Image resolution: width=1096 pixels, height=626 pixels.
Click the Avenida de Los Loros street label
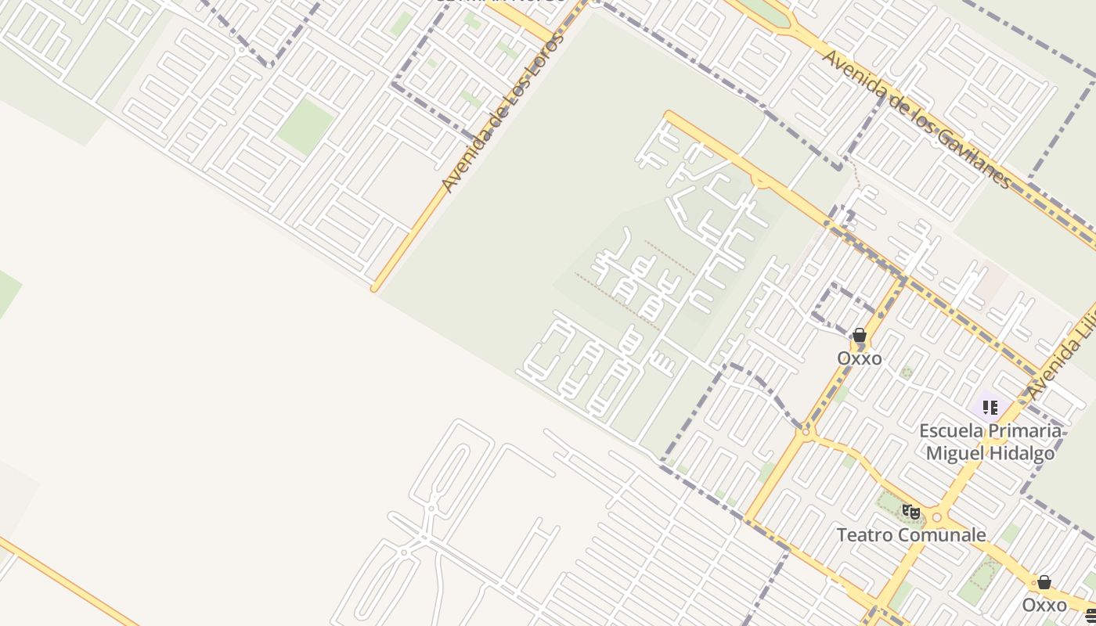[x=503, y=112]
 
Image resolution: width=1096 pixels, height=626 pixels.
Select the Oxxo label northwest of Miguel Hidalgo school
[x=859, y=358]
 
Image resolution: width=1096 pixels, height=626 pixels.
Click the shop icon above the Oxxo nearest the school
[x=860, y=336]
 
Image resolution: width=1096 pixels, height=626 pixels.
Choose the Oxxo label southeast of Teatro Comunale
[x=1044, y=605]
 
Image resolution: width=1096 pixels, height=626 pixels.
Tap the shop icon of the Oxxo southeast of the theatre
[x=1044, y=582]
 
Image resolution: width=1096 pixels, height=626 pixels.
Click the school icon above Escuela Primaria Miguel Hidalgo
[x=990, y=408]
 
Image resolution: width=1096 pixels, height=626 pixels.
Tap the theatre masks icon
[x=910, y=512]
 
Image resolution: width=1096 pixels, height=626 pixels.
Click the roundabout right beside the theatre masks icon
[x=937, y=518]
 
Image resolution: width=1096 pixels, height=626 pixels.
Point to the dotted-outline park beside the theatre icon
[x=892, y=505]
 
